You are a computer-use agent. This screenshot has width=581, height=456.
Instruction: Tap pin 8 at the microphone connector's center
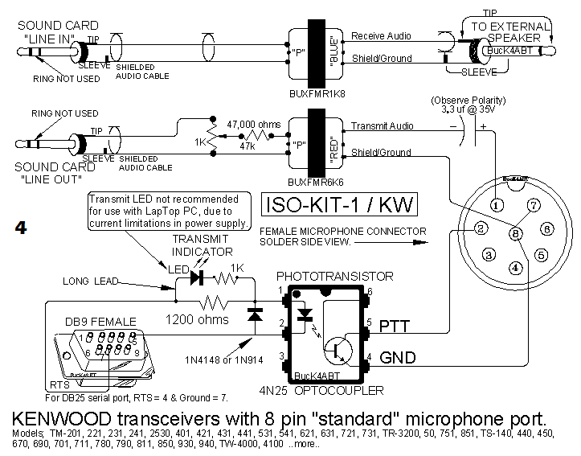[516, 234]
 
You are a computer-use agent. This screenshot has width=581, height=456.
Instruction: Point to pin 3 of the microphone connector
[488, 255]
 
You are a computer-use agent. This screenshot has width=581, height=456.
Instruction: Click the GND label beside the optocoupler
[398, 357]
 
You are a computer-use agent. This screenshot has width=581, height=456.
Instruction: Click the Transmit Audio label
[382, 126]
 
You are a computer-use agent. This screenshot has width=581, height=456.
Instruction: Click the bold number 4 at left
[22, 228]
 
